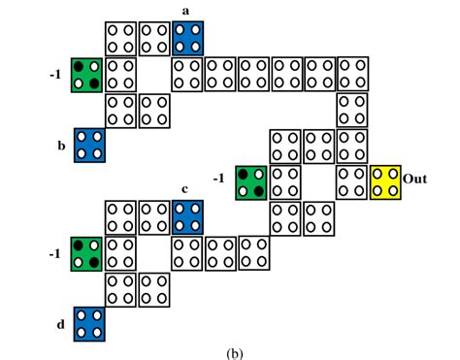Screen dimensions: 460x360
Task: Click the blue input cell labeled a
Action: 188,39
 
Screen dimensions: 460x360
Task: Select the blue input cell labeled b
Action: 89,146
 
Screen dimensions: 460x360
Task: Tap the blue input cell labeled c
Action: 188,216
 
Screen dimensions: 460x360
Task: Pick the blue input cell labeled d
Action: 89,323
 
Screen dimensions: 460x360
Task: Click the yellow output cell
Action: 386,180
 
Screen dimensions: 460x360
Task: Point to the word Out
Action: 415,180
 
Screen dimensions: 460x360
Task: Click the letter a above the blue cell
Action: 186,11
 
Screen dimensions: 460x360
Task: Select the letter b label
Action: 61,147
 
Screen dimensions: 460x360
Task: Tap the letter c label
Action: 185,188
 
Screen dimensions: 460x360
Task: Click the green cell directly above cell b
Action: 86,75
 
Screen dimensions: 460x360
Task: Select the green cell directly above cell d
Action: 86,252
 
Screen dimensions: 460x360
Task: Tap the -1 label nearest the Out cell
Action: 221,179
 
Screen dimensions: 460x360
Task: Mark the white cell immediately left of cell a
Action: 154,39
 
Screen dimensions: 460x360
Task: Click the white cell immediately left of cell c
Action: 154,216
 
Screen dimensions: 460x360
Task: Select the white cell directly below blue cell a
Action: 187,73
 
